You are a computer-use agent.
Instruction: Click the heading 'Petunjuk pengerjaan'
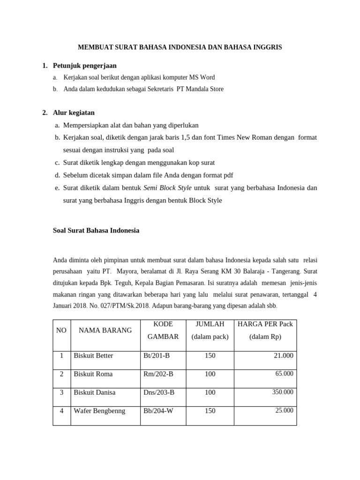[x=85, y=66]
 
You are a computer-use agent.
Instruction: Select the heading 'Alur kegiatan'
[x=74, y=113]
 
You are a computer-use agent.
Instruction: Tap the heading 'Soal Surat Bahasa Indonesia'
[x=96, y=231]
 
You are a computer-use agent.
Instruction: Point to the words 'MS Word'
[x=202, y=77]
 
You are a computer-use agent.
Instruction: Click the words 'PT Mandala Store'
[x=200, y=89]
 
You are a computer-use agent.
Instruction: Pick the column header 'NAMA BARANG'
[x=105, y=330]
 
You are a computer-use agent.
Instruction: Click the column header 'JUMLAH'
[x=210, y=324]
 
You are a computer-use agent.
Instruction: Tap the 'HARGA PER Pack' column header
[x=265, y=324]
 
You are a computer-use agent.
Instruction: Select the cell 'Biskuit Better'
[x=93, y=356]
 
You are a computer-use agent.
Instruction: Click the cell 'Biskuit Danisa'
[x=94, y=392]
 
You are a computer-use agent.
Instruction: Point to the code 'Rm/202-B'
[x=158, y=374]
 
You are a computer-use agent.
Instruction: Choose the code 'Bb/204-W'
[x=158, y=411]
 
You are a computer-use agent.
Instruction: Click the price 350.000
[x=283, y=392]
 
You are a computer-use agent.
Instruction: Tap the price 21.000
[x=284, y=356]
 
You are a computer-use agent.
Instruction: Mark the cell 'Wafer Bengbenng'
[x=99, y=411]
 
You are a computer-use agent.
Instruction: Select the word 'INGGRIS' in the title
[x=267, y=47]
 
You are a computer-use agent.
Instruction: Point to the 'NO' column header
[x=61, y=330]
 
